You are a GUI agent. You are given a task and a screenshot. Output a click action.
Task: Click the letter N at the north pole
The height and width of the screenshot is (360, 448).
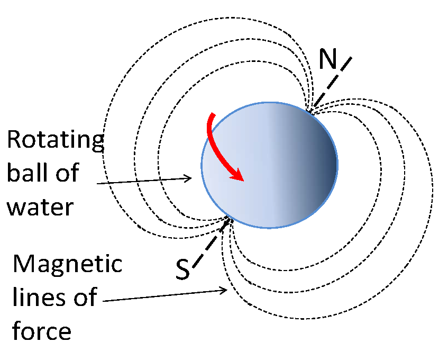328,60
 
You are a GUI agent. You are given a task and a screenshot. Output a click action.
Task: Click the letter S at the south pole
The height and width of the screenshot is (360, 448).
182,269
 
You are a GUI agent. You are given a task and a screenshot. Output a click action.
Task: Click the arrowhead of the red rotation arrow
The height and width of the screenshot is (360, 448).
237,174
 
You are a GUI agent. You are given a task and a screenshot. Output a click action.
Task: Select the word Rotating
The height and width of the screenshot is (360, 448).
55,141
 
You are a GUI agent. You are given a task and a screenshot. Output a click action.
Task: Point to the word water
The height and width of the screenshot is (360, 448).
40,206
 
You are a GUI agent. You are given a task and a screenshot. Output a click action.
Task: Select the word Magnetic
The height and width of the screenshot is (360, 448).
68,264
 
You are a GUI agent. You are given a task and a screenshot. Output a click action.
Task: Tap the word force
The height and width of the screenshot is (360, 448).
41,331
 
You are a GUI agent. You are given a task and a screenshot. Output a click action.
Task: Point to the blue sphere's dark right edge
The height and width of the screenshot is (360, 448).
333,164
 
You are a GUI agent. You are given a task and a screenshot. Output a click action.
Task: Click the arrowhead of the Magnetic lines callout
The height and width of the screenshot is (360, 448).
225,290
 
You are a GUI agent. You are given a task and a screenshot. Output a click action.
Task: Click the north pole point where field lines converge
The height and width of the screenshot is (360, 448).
310,111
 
